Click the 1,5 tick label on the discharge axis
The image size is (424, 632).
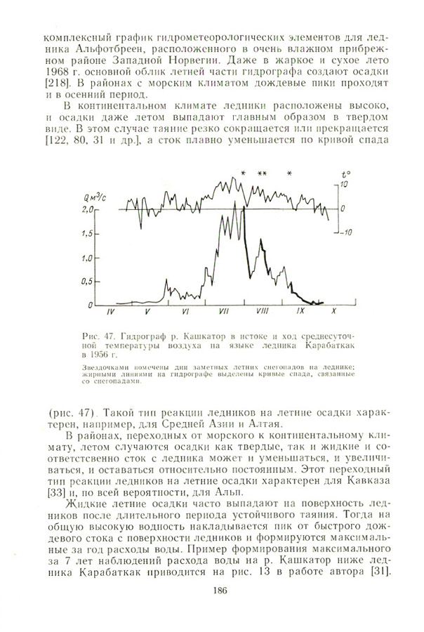click(88, 233)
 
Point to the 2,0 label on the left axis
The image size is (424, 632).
click(87, 209)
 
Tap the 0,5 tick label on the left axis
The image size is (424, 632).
click(88, 281)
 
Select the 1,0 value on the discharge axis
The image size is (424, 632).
click(88, 257)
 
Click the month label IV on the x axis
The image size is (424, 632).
click(110, 310)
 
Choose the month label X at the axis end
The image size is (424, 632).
click(334, 310)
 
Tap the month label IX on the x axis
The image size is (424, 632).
click(300, 310)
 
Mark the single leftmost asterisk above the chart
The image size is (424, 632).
click(243, 173)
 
